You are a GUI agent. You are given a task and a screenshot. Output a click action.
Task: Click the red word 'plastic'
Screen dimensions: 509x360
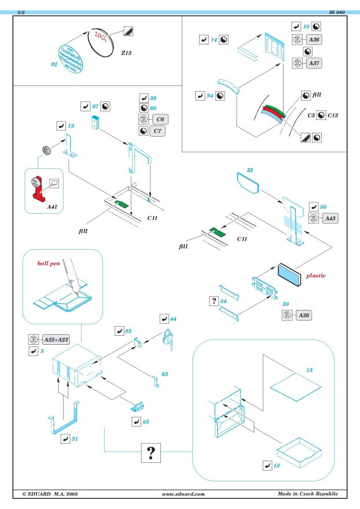click(316, 276)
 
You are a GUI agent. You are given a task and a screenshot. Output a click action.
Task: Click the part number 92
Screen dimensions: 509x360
click(55, 65)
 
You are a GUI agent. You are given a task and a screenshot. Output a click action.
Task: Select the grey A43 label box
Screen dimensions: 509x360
click(330, 218)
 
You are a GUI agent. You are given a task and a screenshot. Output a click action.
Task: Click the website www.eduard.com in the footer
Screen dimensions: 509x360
click(182, 493)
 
